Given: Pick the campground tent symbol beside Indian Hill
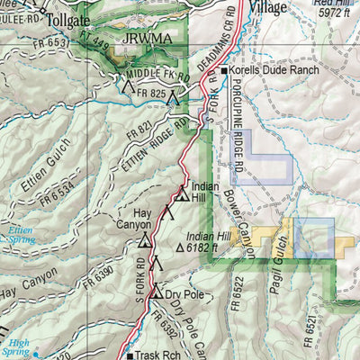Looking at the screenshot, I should (x=183, y=193).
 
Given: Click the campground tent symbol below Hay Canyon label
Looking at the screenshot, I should (x=145, y=239).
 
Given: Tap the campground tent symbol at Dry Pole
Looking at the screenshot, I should (x=156, y=292).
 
